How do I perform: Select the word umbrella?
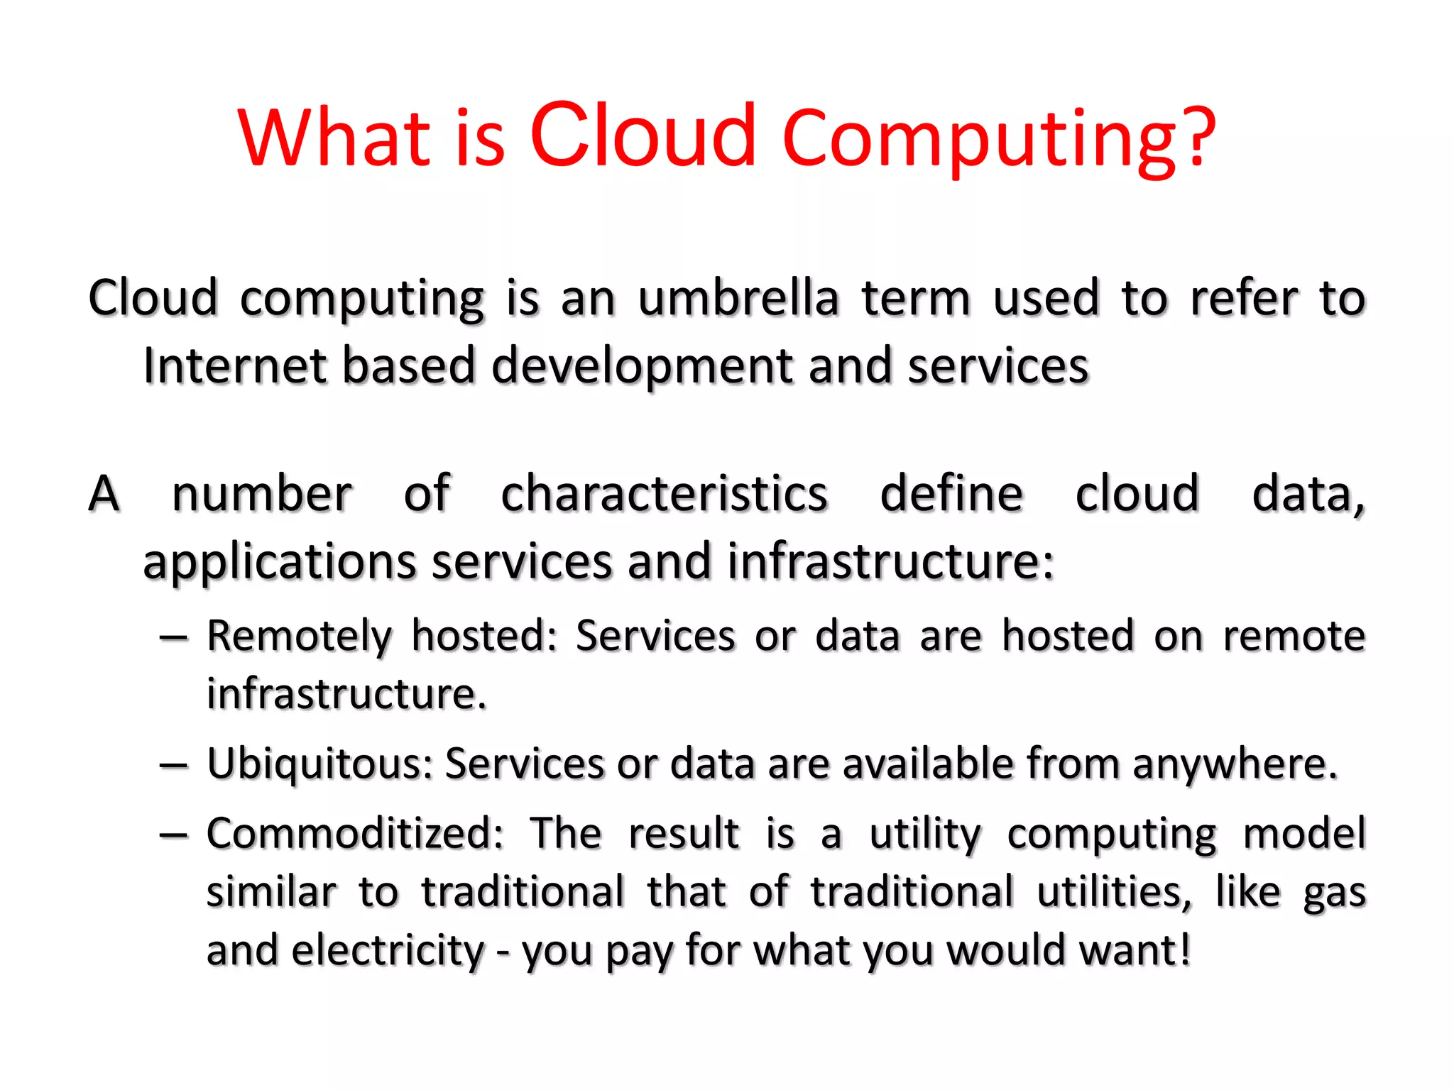738,298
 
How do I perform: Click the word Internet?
234,366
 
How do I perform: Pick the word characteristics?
664,493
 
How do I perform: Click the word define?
951,493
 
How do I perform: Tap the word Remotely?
299,636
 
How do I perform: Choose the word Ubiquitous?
319,764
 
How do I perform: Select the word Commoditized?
355,833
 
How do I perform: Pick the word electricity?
388,950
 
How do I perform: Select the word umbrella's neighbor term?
916,298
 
